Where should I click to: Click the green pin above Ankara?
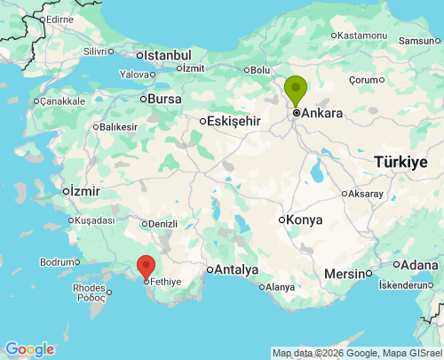tap(296, 90)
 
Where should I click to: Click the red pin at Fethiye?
tap(146, 266)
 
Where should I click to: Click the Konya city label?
tap(303, 220)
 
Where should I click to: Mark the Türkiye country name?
tap(400, 162)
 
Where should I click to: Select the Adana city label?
tap(420, 265)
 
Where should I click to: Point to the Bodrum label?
tap(59, 262)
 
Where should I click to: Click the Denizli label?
tap(163, 223)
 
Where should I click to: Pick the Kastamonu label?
tap(363, 36)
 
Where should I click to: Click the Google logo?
tap(29, 349)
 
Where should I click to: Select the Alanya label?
tap(280, 286)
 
